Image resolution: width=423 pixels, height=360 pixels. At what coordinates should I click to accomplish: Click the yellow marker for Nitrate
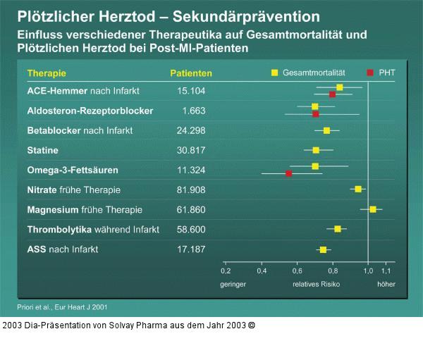358,189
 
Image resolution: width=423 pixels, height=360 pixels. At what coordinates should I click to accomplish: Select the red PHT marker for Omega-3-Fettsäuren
288,173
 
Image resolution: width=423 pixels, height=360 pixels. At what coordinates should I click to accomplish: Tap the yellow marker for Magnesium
373,209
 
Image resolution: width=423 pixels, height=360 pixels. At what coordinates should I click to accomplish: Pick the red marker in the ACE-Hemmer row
333,94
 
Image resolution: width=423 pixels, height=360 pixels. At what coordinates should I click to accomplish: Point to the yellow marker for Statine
316,150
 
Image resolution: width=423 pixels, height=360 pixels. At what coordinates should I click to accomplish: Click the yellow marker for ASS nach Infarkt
323,249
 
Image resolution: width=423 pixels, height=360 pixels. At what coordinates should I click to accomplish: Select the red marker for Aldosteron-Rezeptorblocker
315,113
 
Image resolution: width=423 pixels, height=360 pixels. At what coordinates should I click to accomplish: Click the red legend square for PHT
369,72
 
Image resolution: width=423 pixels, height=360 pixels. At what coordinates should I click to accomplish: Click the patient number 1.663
194,111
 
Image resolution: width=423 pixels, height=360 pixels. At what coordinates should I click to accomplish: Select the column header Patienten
191,73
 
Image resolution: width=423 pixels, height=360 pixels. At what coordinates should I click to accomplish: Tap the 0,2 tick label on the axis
226,271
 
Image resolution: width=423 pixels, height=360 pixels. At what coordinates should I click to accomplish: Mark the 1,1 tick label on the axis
386,271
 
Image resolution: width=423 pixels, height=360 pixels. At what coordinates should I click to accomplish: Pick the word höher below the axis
386,285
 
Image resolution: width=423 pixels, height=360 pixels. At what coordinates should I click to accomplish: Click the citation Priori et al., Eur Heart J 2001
63,307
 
